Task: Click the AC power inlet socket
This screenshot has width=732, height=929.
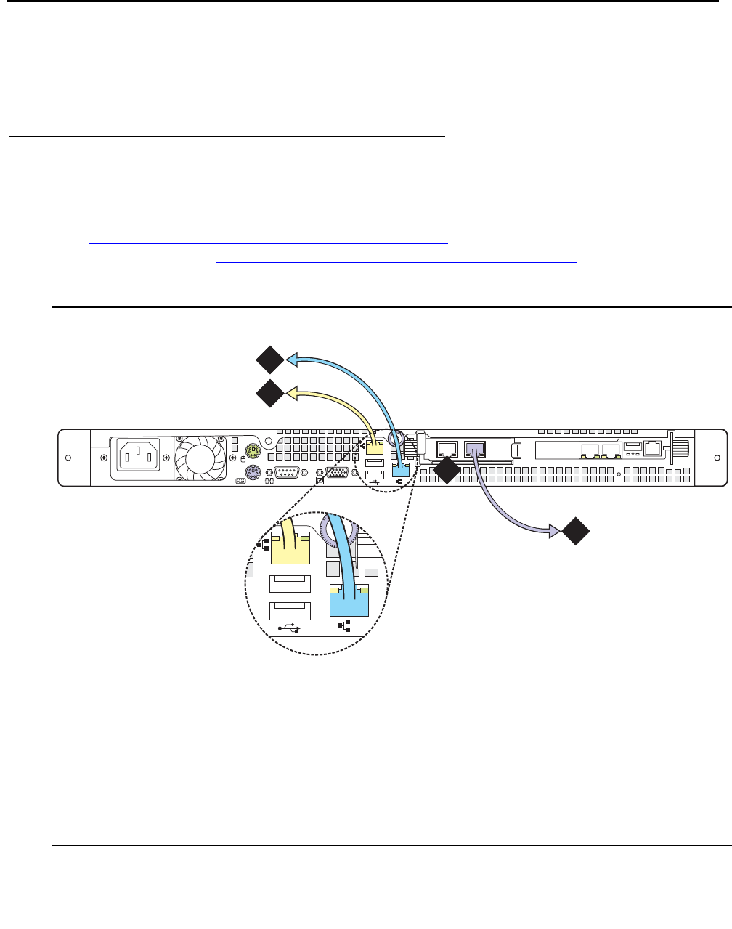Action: [135, 457]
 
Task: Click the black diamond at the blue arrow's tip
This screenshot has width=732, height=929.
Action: [269, 360]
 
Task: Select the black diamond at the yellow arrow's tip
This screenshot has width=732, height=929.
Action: [269, 393]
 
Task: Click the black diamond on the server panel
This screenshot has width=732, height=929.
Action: [446, 471]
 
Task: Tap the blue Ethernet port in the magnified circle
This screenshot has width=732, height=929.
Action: [349, 599]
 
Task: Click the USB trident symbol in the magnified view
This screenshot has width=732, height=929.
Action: [290, 629]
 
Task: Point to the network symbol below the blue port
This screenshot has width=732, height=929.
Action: [346, 625]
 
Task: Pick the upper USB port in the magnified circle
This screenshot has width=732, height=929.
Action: [290, 585]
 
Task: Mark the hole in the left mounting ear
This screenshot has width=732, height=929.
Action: [68, 458]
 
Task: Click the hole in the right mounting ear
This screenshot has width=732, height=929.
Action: [717, 458]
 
